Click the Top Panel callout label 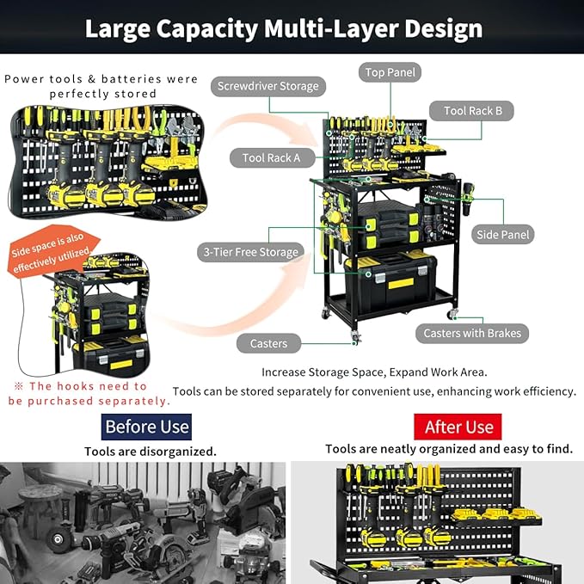point(390,72)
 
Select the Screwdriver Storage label point(268,86)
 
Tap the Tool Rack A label point(272,158)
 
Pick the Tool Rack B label point(471,111)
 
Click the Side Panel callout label point(503,235)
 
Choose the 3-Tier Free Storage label point(250,252)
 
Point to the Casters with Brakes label point(472,333)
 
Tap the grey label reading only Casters point(268,343)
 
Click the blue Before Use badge point(146,427)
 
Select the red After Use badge point(458,427)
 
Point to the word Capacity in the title point(207,29)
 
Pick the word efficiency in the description point(549,392)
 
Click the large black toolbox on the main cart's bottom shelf point(390,282)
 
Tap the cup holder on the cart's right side point(467,199)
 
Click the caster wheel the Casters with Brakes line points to point(452,314)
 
